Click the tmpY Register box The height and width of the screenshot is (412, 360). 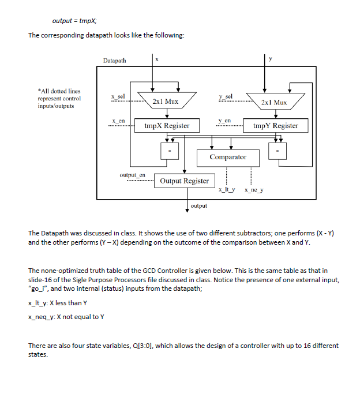[x=275, y=126]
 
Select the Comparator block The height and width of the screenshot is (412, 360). [x=228, y=157]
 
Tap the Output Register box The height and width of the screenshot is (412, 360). [x=184, y=181]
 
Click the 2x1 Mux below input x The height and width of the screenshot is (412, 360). [x=165, y=102]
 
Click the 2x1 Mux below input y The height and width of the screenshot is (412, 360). [x=273, y=102]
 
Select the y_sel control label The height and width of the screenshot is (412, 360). [x=226, y=96]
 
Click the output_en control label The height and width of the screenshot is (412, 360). [x=132, y=174]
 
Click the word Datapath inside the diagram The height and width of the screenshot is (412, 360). [x=116, y=60]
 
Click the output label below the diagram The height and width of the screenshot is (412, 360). [x=198, y=205]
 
